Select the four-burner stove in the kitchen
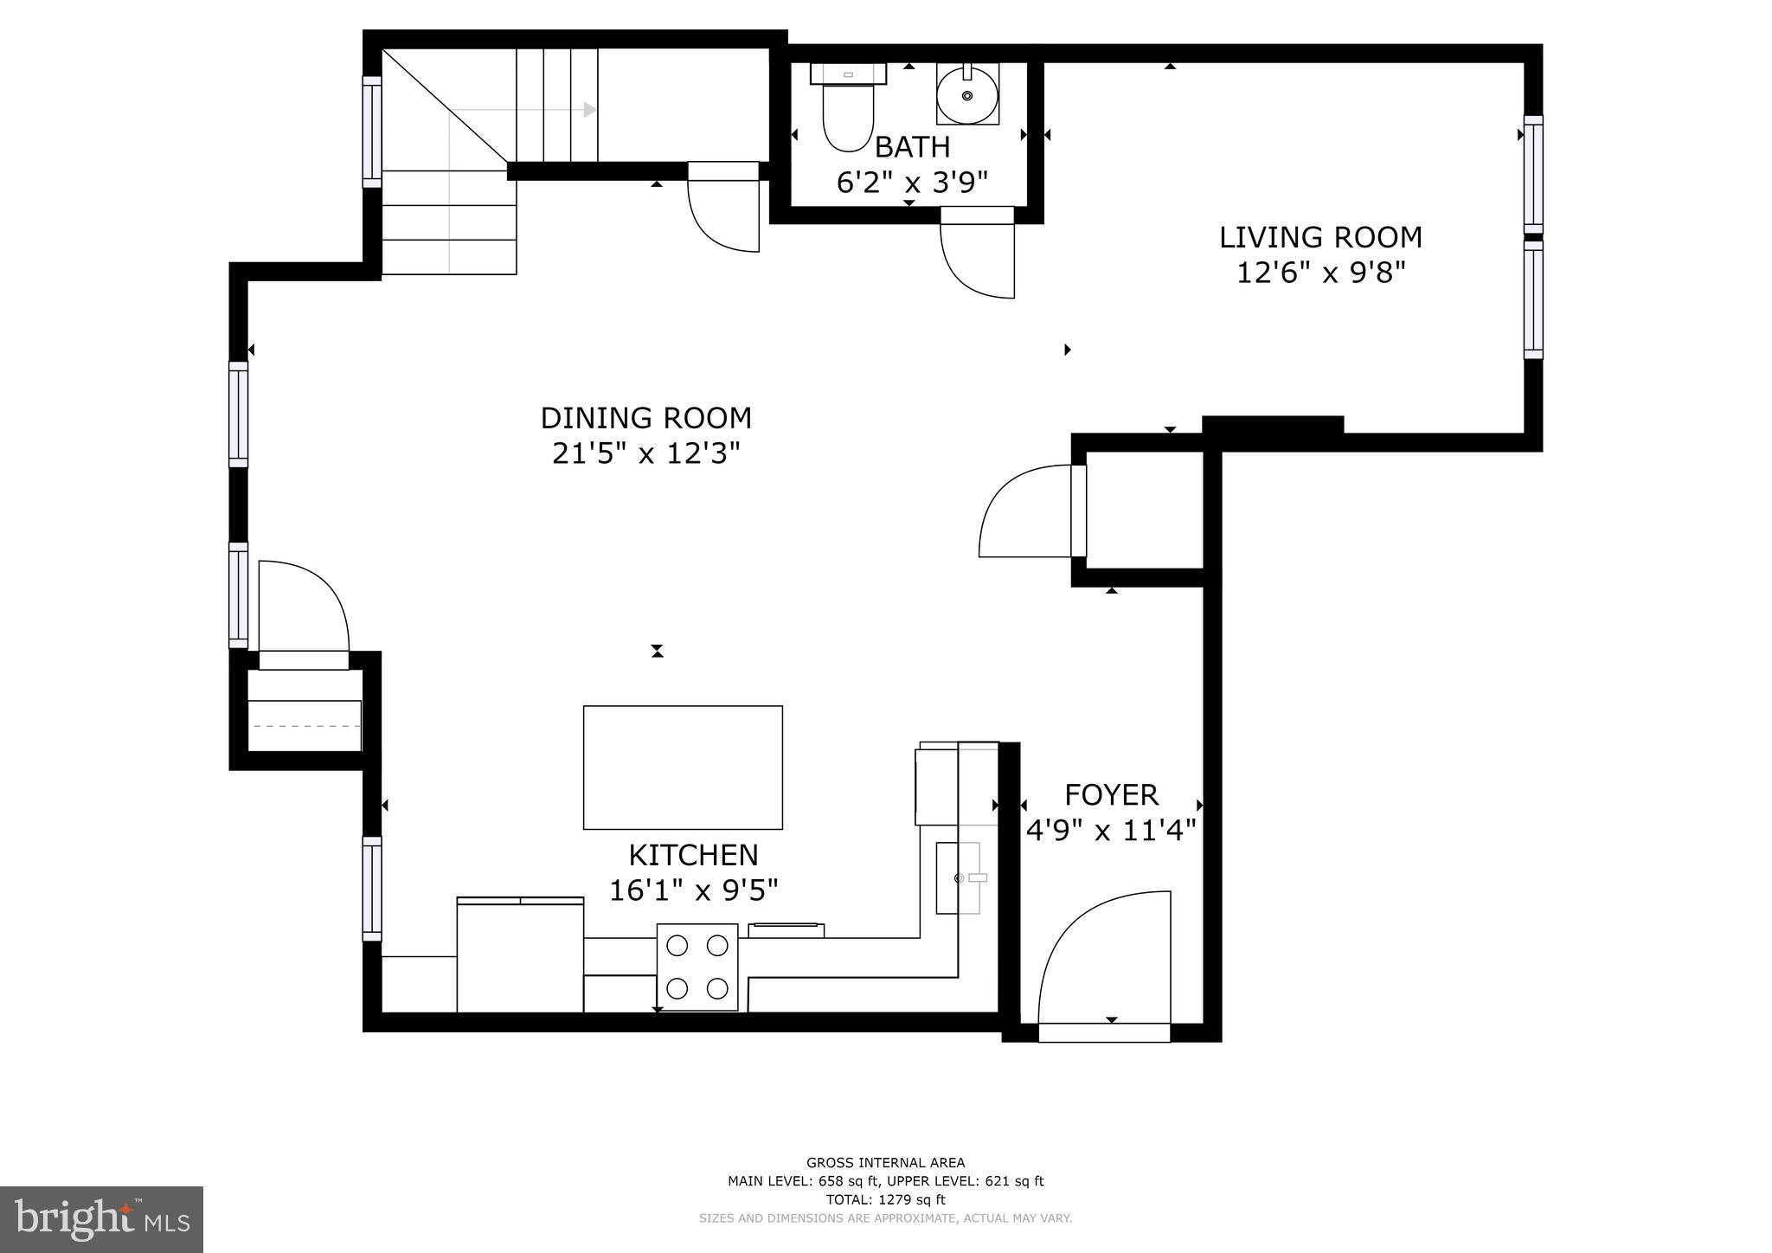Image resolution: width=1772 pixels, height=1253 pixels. (697, 967)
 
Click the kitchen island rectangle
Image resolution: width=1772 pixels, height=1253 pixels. (683, 767)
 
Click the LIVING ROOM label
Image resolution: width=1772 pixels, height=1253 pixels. (1320, 237)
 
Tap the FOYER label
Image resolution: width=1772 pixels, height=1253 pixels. (1111, 794)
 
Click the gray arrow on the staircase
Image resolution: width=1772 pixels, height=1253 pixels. (589, 110)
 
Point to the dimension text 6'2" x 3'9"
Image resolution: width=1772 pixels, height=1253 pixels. (911, 183)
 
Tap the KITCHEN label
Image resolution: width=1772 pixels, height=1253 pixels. (693, 855)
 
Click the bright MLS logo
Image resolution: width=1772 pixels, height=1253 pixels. (101, 1219)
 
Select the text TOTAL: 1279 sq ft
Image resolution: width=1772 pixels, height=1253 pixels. (885, 1199)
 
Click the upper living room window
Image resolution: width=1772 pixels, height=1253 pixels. (1532, 174)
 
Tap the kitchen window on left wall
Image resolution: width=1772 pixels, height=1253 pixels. (371, 889)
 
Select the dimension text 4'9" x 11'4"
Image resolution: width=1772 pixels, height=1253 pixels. (1111, 831)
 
